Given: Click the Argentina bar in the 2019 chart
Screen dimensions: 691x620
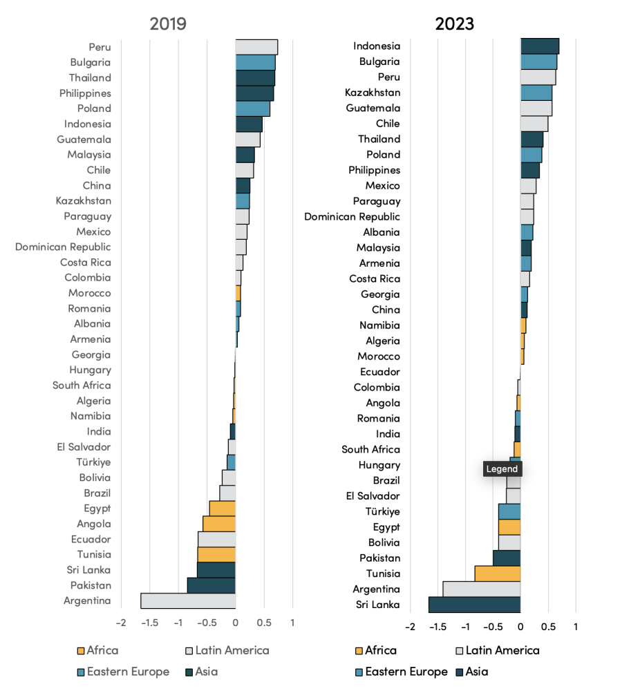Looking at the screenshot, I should (x=188, y=600).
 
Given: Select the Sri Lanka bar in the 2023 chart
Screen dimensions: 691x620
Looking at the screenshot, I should (x=474, y=605).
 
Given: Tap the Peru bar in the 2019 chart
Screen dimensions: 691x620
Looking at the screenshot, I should (x=256, y=47).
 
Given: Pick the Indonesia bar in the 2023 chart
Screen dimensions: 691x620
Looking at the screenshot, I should (x=539, y=46).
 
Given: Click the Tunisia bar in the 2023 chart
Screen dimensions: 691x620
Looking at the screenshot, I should (x=497, y=574).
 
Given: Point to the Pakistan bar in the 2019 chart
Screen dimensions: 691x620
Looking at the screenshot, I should (x=211, y=585).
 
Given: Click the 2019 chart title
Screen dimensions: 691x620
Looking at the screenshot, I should (x=168, y=23).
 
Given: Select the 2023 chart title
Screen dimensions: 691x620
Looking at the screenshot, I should (x=454, y=23).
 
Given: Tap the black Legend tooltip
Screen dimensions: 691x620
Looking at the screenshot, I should (x=502, y=469).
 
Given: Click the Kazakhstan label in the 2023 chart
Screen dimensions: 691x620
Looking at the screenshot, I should (x=373, y=93).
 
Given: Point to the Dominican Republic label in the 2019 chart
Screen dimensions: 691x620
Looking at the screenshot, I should (x=63, y=247).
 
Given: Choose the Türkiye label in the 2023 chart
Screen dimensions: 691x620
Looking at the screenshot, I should (x=382, y=511).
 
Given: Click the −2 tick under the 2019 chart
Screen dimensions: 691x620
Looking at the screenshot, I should (x=121, y=623).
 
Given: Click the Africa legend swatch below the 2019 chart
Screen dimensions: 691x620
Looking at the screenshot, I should (x=81, y=650).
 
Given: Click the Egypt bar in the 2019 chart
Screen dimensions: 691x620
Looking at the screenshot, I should (x=222, y=509).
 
